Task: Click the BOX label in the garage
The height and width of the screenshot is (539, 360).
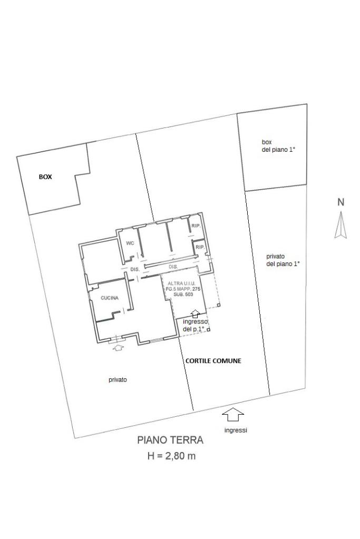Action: pos(45,177)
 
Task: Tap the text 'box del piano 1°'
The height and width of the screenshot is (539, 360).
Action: pos(278,146)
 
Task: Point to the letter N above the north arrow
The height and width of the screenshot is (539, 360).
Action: pos(340,202)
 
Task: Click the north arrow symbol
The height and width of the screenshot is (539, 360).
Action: pos(340,225)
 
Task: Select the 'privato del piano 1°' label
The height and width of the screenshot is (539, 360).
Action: pos(283,260)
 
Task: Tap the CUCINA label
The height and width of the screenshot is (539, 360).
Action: pos(110,298)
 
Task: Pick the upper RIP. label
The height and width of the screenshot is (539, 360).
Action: pos(196,226)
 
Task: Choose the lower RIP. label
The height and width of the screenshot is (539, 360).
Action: pos(200,247)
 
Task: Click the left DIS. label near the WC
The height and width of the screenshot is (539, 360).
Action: pos(134,269)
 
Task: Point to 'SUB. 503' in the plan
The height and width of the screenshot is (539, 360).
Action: pos(182,295)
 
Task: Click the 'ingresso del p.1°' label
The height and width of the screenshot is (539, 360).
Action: pos(195,325)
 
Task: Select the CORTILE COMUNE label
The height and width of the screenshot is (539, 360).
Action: pos(213,361)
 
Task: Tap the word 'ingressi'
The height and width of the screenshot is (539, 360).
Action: pos(236,430)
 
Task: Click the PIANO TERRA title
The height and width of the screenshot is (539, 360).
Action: pos(170,440)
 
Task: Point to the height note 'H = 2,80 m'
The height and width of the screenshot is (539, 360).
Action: pos(171,456)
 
